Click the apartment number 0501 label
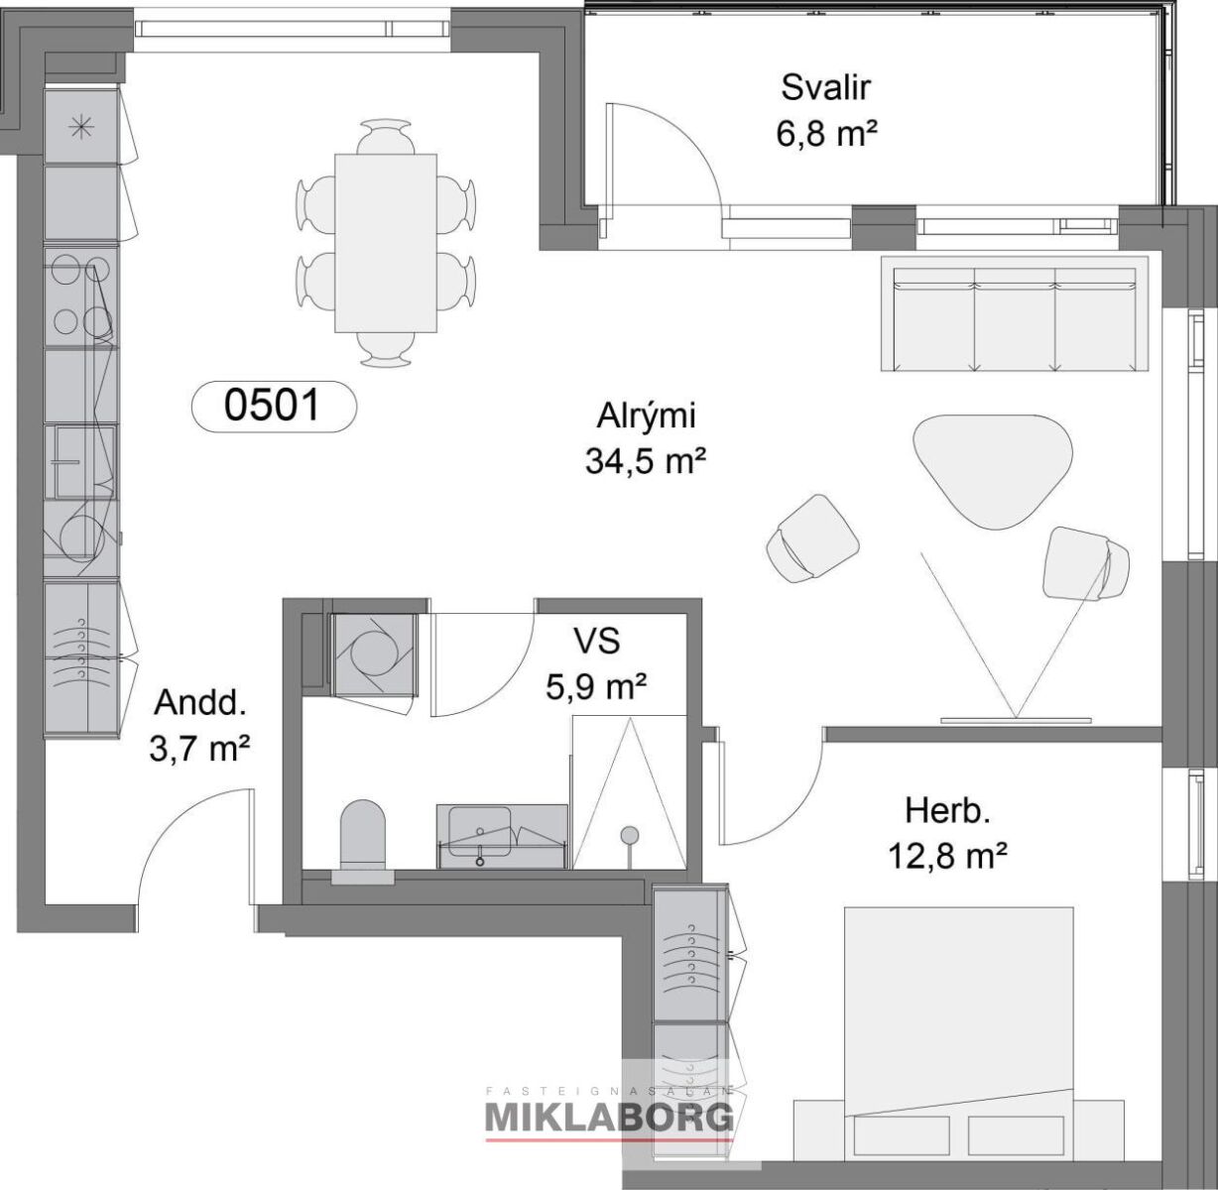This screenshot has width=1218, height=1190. tap(273, 406)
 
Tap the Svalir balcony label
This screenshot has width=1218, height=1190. tap(825, 87)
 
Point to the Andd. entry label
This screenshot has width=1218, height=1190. tap(200, 702)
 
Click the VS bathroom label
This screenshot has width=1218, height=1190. tap(596, 641)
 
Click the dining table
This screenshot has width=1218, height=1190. tap(386, 243)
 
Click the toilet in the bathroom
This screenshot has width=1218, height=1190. tap(362, 834)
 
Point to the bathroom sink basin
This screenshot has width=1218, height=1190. tap(480, 831)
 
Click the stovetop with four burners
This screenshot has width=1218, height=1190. tap(81, 297)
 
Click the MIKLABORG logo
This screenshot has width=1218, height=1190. tap(609, 1118)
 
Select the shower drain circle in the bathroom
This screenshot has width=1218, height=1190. tap(629, 833)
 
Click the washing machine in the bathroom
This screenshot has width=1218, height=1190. tap(374, 654)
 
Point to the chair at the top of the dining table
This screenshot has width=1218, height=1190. tap(386, 137)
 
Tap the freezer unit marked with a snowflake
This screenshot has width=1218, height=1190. tap(81, 128)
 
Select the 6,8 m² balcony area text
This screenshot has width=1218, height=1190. tap(825, 133)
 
